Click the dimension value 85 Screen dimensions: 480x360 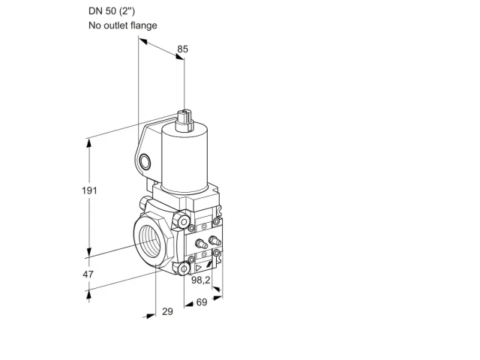(x=183, y=49)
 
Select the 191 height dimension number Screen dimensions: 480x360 (x=89, y=190)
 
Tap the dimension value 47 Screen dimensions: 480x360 (x=88, y=274)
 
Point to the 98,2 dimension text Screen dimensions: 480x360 (x=201, y=280)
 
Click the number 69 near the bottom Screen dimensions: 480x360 (x=202, y=302)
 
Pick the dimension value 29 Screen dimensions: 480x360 (x=167, y=311)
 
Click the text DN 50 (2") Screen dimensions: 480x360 (x=112, y=11)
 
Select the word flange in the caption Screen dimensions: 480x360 (x=144, y=25)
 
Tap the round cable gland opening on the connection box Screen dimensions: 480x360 (x=145, y=162)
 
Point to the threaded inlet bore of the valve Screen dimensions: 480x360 (x=150, y=241)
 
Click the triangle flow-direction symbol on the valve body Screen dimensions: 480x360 (x=198, y=268)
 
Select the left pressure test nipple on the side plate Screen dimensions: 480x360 (x=200, y=244)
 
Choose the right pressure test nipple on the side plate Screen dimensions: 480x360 (x=214, y=240)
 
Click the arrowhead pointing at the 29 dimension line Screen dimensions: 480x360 (x=150, y=316)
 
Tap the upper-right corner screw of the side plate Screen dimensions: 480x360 (x=217, y=221)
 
